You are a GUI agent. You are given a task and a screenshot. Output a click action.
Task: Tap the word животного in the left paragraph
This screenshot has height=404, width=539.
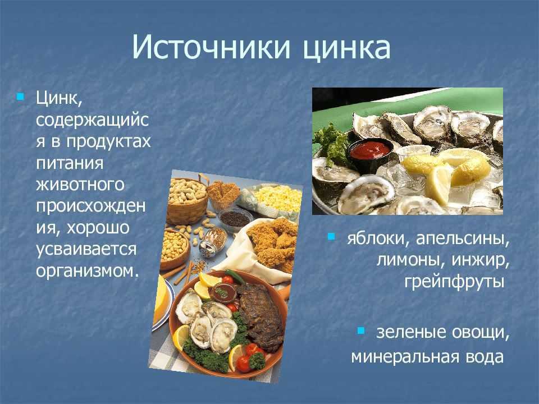click(x=80, y=184)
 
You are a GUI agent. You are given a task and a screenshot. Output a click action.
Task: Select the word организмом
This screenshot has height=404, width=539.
click(x=88, y=270)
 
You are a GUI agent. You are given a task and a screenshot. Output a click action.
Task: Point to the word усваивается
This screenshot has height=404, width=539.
click(x=86, y=249)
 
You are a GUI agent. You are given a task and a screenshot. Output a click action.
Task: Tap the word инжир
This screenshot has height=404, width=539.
click(x=480, y=260)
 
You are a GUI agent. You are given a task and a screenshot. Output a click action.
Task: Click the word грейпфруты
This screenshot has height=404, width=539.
click(x=454, y=282)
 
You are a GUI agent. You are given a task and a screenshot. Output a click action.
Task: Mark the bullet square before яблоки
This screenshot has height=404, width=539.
click(x=331, y=236)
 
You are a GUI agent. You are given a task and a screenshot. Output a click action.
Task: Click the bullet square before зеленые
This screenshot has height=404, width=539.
click(x=361, y=330)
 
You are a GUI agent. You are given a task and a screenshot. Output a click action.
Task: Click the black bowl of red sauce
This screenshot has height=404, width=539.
click(x=370, y=154)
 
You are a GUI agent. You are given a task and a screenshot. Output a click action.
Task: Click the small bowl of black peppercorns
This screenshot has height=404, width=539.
click(x=235, y=218)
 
